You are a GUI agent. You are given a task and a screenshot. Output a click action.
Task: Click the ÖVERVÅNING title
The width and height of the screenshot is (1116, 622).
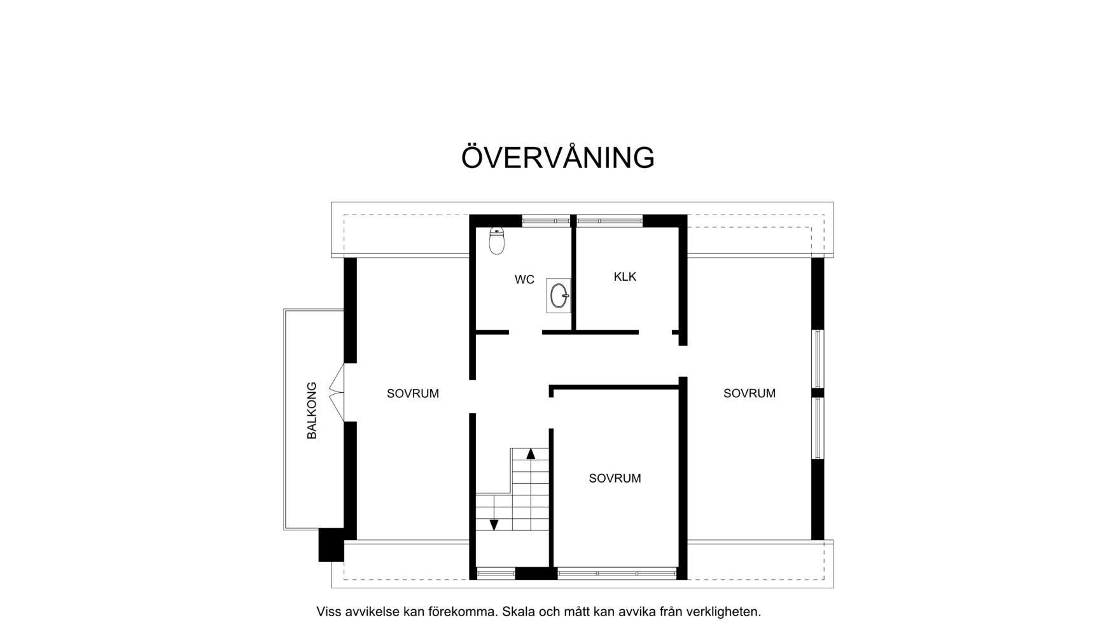557,158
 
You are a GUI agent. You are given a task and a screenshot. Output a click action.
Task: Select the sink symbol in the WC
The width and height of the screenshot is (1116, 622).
559,296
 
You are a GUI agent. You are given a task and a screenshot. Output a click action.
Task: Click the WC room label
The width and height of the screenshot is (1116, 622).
524,279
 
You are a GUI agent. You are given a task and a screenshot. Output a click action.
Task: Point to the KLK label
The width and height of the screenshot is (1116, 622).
625,276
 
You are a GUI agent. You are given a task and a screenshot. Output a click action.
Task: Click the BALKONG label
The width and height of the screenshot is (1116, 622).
312,411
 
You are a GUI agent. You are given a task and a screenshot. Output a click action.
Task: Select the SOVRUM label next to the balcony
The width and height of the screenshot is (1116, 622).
412,393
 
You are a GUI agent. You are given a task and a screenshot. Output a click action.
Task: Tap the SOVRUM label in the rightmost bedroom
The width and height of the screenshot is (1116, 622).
749,393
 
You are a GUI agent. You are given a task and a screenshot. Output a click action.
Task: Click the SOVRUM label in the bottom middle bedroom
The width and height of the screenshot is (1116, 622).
615,478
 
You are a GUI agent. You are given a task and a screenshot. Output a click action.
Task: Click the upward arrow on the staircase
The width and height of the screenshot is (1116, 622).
531,453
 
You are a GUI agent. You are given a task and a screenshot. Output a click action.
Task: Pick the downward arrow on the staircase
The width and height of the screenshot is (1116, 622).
494,525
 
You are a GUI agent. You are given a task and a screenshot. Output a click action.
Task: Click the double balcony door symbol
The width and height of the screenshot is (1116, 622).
337,392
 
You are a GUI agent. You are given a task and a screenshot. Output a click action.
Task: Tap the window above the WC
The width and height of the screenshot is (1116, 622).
546,221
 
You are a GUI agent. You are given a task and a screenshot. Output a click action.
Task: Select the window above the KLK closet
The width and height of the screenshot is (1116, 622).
610,221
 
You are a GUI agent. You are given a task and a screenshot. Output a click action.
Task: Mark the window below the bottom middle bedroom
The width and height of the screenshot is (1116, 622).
617,574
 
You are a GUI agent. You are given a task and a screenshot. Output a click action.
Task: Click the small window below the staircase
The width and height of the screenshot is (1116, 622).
496,574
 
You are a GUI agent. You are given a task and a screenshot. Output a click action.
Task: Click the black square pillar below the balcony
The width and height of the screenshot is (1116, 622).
331,545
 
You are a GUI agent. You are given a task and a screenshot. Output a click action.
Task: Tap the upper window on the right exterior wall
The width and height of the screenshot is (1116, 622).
818,358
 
